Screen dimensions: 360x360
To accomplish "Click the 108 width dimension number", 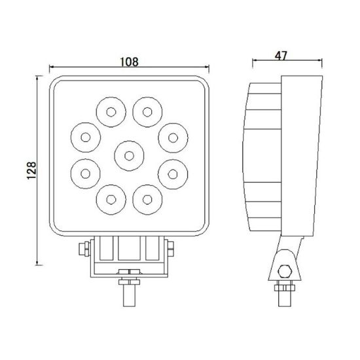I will pos(130,62).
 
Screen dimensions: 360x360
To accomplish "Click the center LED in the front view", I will pos(129,155).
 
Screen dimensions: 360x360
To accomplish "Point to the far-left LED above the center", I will pos(85,136).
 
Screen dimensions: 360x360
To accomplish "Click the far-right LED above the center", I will pos(172,136).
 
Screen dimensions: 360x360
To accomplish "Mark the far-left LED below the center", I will pos(85,173).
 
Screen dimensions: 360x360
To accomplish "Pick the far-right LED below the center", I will pos(172,173).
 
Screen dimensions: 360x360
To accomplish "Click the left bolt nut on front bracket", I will pos(83,249).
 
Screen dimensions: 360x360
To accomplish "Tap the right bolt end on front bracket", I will pos(172,249).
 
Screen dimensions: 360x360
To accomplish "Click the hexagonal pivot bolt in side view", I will pos(284,271).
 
